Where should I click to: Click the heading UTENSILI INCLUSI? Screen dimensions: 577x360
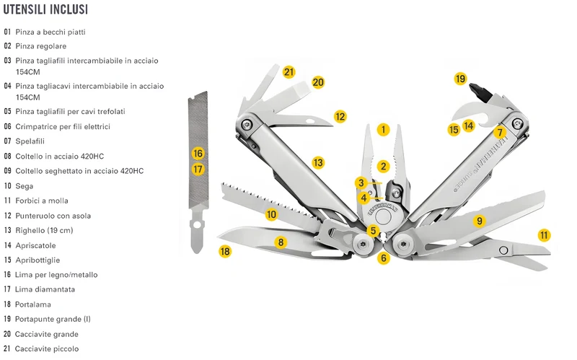click(x=45, y=9)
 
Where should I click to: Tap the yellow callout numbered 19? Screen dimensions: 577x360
click(x=460, y=79)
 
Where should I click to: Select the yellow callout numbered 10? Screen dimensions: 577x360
click(x=271, y=214)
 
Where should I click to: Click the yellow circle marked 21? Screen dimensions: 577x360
click(x=289, y=71)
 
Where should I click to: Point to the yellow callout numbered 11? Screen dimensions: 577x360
click(x=544, y=235)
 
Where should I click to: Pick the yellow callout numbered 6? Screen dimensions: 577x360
click(x=384, y=258)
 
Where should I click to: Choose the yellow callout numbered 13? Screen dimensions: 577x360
click(x=318, y=162)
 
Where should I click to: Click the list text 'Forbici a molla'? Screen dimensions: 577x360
click(x=42, y=201)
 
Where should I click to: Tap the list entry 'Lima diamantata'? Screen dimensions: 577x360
click(x=45, y=289)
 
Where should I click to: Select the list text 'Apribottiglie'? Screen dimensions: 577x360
click(x=38, y=260)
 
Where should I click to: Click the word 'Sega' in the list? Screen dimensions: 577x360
click(x=25, y=186)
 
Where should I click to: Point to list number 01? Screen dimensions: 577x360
click(x=7, y=32)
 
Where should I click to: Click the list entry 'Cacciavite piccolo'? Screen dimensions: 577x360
click(x=47, y=348)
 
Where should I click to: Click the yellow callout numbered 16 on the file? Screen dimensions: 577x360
click(x=198, y=153)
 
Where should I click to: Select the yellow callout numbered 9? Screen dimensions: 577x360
click(x=479, y=221)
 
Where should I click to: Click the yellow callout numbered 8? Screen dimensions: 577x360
click(x=281, y=242)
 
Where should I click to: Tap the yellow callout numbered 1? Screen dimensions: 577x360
click(x=384, y=129)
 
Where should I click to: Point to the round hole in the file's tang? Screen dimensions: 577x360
click(x=197, y=224)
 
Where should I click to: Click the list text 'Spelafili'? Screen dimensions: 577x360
click(x=30, y=141)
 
